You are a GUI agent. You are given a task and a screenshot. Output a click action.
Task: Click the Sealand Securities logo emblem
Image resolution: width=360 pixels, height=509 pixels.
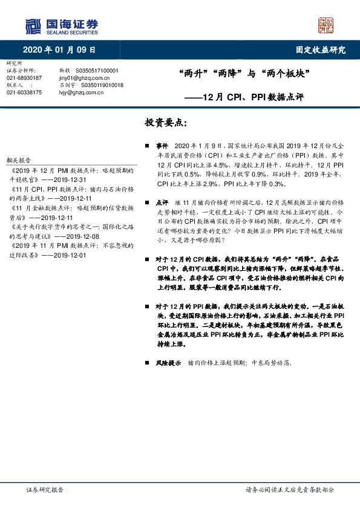(x=32, y=26)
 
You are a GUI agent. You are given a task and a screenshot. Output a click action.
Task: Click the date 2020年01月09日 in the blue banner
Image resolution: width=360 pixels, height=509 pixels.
(x=59, y=50)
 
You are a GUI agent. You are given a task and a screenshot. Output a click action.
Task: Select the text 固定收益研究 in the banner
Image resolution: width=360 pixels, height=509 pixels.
(x=321, y=50)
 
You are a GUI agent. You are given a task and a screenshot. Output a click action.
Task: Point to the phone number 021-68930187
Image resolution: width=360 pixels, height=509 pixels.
(x=24, y=78)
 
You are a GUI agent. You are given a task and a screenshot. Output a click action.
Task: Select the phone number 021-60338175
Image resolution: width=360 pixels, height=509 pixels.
(x=24, y=92)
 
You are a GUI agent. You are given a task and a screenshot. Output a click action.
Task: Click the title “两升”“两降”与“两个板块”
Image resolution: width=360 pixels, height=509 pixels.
(x=245, y=76)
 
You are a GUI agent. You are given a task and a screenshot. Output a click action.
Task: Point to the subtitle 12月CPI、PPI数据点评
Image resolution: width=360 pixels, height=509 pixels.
(x=252, y=97)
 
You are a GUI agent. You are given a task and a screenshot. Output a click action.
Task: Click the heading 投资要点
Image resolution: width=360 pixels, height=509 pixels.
(x=166, y=123)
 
